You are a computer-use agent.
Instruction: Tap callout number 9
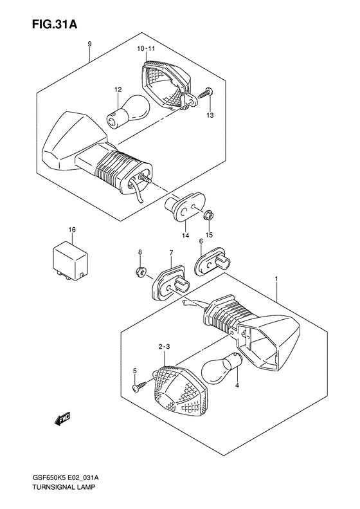90,44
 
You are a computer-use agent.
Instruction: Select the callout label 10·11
146,49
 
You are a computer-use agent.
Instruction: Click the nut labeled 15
210,216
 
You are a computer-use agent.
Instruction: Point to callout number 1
277,280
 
